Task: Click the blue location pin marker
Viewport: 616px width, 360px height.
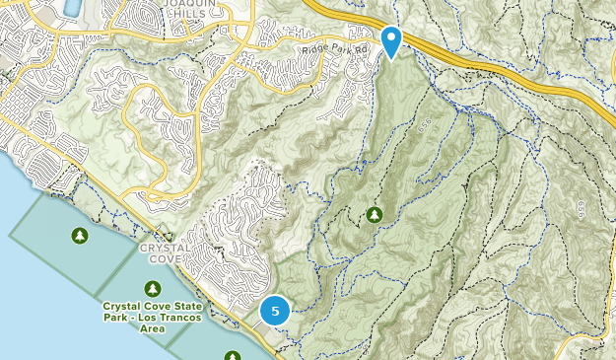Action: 391,41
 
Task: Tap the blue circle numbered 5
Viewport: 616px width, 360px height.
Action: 275,312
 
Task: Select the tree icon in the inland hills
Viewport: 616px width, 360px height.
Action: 375,214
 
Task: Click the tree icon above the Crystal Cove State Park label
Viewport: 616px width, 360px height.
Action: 152,288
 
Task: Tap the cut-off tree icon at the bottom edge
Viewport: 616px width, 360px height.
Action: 233,355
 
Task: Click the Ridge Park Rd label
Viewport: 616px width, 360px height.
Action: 335,47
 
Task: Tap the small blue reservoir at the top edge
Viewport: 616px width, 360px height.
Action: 70,8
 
